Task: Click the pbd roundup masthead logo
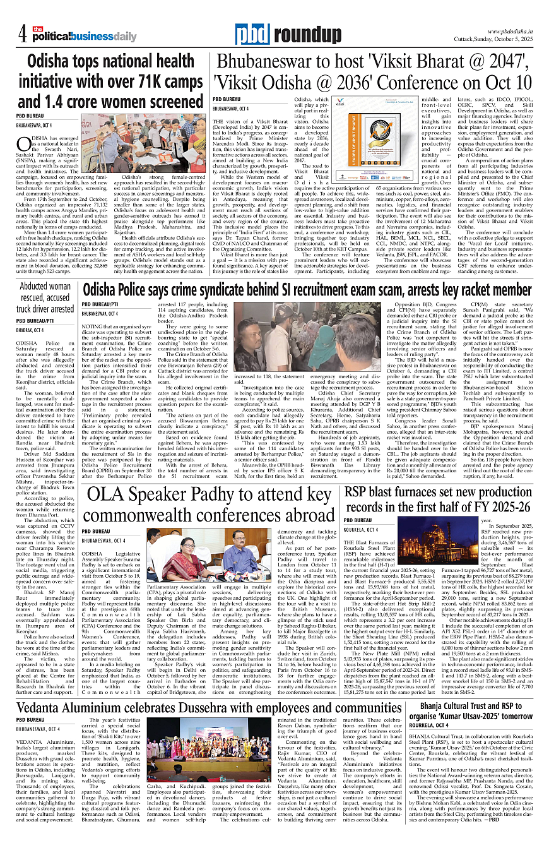(279, 35)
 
